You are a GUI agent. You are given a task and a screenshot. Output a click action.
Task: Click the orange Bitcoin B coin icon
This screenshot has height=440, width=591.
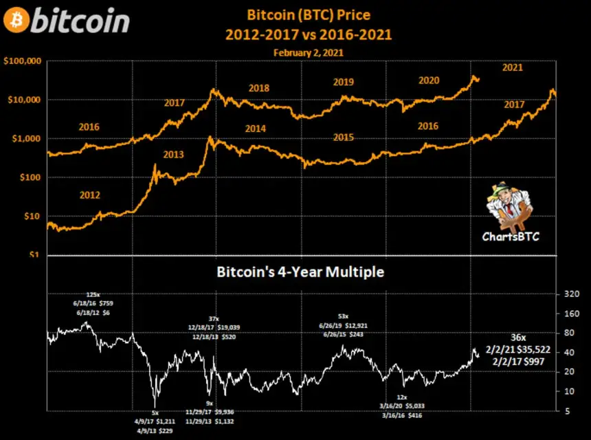click(x=16, y=21)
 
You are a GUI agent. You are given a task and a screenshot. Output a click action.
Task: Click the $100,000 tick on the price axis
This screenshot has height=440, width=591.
click(x=23, y=61)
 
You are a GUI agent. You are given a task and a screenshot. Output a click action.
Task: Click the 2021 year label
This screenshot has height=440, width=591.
click(x=512, y=67)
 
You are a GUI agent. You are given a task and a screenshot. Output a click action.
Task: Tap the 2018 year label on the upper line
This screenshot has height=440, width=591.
click(x=258, y=88)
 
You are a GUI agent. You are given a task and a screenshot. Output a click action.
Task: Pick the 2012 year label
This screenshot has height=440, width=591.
click(x=89, y=195)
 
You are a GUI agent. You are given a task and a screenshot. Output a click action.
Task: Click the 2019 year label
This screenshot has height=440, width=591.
click(x=343, y=82)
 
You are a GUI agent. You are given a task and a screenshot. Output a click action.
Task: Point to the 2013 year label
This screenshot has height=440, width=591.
click(x=173, y=155)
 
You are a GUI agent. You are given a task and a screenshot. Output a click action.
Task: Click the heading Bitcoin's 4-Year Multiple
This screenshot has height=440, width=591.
click(x=300, y=272)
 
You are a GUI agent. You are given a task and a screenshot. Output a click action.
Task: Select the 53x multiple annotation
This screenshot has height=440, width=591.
click(x=342, y=316)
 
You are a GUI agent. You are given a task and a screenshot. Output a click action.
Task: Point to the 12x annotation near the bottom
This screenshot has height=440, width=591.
click(x=403, y=397)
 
